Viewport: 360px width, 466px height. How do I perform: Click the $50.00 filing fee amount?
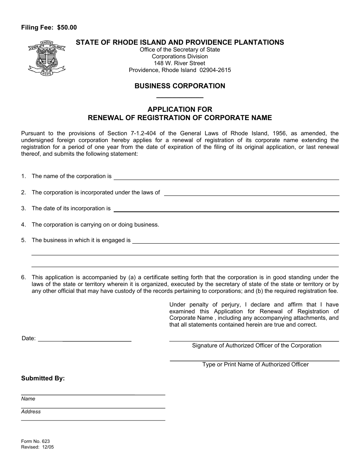click(x=67, y=27)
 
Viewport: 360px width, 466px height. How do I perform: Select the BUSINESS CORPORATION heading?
click(x=180, y=86)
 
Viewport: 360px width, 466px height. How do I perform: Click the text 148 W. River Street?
click(x=180, y=63)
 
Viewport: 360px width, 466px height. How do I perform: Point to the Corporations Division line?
click(x=180, y=56)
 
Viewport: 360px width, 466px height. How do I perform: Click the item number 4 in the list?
click(x=23, y=225)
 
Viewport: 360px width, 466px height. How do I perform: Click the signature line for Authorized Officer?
click(x=254, y=339)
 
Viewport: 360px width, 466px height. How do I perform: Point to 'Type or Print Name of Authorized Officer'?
click(x=255, y=364)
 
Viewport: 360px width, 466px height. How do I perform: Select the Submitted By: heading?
click(x=43, y=378)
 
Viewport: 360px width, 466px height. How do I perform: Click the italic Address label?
click(x=31, y=412)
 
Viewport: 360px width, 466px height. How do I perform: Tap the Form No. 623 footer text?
click(x=35, y=441)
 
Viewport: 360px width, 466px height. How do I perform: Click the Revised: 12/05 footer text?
click(x=38, y=447)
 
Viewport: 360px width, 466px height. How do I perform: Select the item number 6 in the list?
click(x=23, y=277)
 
